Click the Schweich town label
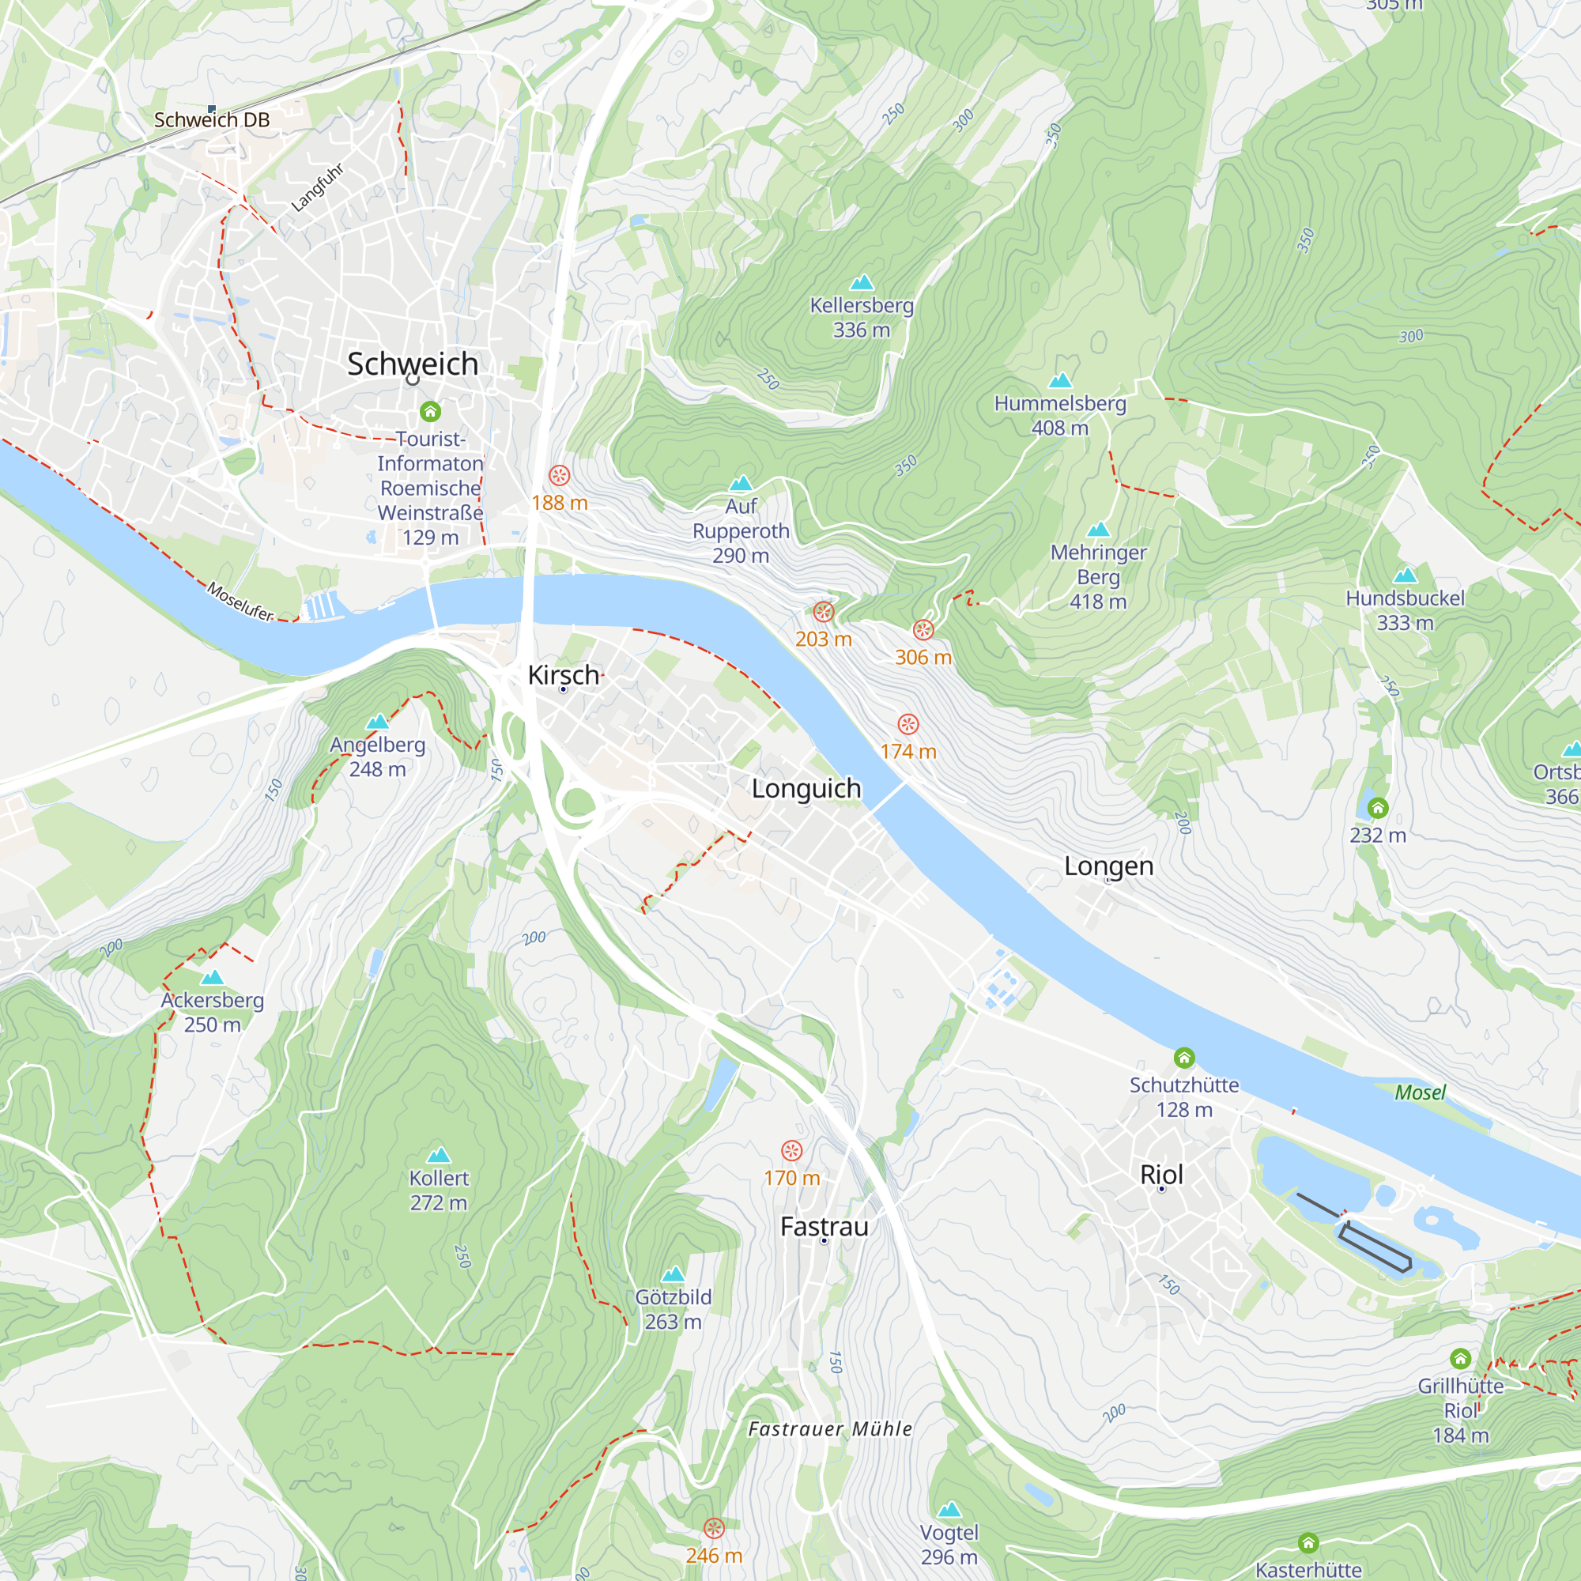[413, 364]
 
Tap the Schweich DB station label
[212, 120]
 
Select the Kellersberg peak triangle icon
[862, 282]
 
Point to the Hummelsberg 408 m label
[1060, 415]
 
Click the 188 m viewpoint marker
[560, 475]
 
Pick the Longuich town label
[806, 789]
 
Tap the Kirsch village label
[564, 675]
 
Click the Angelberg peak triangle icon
[377, 721]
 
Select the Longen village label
[1109, 866]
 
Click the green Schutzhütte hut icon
[1184, 1058]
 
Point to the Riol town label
[1161, 1175]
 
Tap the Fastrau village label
[824, 1227]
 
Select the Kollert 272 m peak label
[439, 1190]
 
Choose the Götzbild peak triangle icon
[674, 1273]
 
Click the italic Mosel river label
[1421, 1092]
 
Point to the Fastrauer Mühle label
[830, 1428]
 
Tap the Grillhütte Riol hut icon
[1461, 1359]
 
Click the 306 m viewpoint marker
[923, 630]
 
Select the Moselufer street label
[240, 602]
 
